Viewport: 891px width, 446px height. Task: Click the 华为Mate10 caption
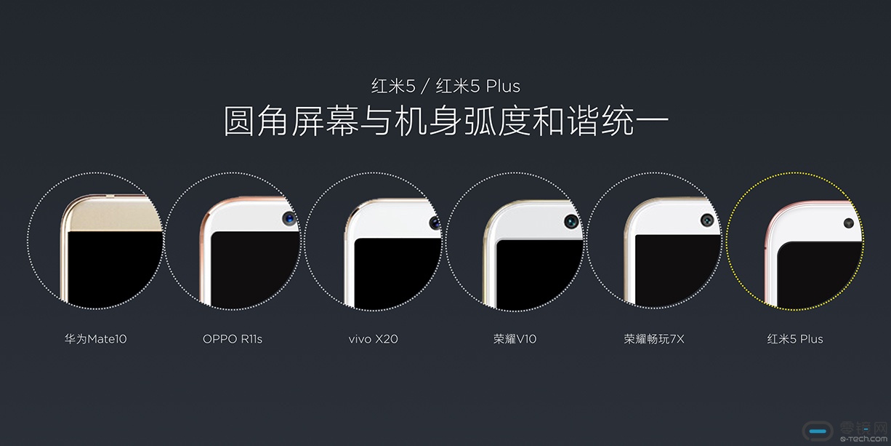point(95,339)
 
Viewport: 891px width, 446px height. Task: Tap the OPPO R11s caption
point(233,339)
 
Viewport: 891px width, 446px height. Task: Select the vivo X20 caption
point(373,339)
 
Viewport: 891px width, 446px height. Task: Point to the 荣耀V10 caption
point(515,339)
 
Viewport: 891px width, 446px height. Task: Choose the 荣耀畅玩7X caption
point(654,339)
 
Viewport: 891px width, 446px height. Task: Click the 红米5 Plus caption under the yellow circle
point(795,339)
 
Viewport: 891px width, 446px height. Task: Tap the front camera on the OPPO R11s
point(289,218)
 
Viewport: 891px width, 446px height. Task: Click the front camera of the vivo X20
point(435,223)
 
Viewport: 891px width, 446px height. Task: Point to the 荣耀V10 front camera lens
point(572,221)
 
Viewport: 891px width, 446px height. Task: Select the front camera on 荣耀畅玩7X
point(707,220)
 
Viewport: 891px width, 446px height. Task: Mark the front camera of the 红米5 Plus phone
point(848,223)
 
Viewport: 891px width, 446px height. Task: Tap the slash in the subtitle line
point(426,86)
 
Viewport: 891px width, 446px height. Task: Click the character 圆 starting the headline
point(238,121)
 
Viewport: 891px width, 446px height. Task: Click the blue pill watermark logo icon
point(818,431)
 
